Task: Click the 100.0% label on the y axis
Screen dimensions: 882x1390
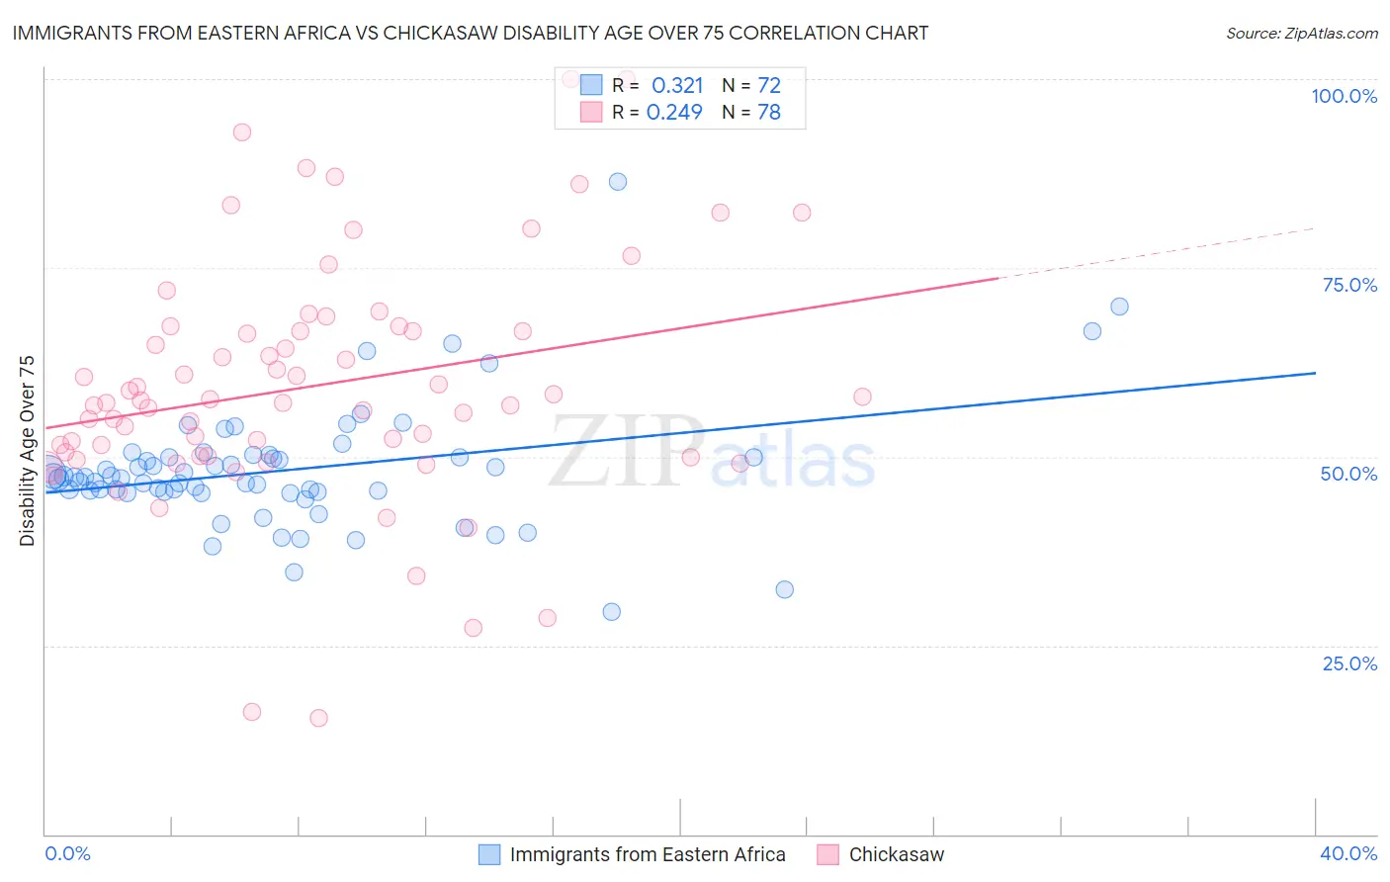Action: [x=1344, y=96]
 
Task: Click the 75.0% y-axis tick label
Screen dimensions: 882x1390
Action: [x=1349, y=285]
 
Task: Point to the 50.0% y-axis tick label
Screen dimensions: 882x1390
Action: [x=1348, y=474]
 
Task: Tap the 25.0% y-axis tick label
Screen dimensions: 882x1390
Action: [x=1349, y=662]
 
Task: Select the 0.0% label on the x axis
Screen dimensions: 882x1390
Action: [x=67, y=853]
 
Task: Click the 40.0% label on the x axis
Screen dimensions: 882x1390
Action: [x=1347, y=853]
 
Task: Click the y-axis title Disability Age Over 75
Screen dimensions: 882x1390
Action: [x=27, y=450]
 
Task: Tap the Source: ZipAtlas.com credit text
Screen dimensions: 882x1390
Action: [x=1301, y=33]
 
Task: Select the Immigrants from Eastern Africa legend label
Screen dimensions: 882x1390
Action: [x=648, y=854]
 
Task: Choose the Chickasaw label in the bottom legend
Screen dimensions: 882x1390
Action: [x=897, y=854]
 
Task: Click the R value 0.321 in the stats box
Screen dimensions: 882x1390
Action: [x=677, y=85]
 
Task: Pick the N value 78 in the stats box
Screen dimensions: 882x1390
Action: [x=769, y=112]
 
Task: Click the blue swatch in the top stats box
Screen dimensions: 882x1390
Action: [x=591, y=85]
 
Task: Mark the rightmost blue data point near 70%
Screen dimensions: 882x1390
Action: [x=1119, y=307]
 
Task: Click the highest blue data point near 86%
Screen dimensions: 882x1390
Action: [x=618, y=182]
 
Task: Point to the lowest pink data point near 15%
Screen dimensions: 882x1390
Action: [x=318, y=718]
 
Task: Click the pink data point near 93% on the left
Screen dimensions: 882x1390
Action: [x=242, y=132]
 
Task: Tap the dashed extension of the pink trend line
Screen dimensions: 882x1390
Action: [x=1157, y=253]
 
